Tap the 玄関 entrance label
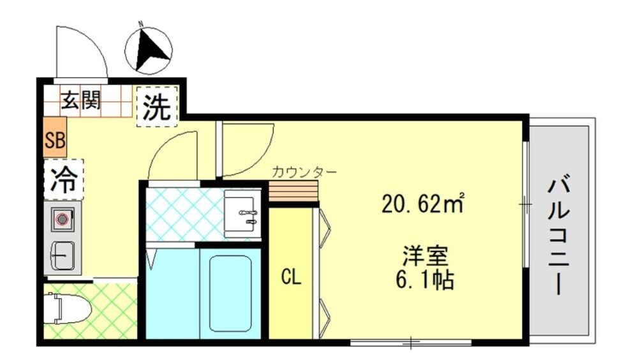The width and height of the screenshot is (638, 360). tap(82, 100)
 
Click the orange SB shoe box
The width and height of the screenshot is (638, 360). tap(55, 140)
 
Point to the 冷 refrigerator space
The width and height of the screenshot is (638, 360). tap(64, 179)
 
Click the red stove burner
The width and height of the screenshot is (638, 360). tap(62, 219)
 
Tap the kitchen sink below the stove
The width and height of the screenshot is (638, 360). tap(62, 257)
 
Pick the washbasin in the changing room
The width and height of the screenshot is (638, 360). tap(242, 212)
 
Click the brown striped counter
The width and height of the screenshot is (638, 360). tap(293, 190)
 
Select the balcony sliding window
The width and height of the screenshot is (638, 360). tap(526, 204)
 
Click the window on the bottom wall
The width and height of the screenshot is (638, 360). tap(412, 343)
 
